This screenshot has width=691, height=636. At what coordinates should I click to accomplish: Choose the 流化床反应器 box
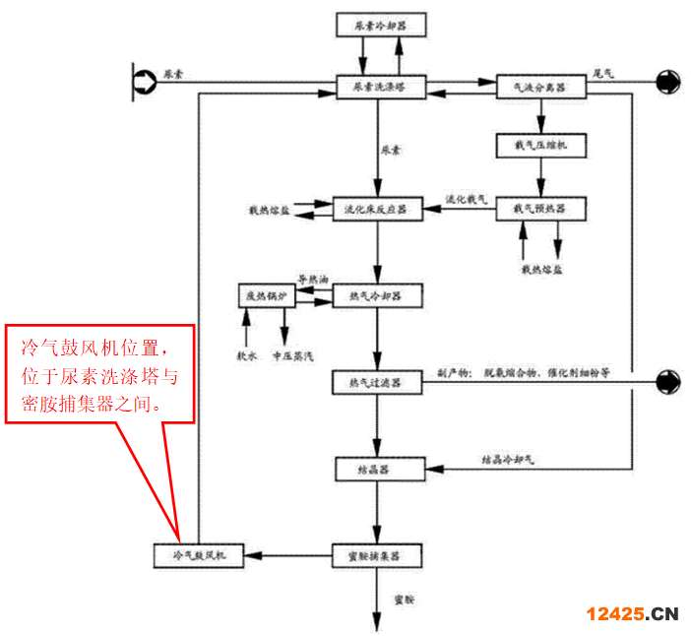click(x=377, y=209)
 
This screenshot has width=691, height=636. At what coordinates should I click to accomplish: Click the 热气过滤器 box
click(x=377, y=382)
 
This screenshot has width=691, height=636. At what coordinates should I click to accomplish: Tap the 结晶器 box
click(x=377, y=470)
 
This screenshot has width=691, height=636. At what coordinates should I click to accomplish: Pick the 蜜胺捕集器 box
click(x=377, y=556)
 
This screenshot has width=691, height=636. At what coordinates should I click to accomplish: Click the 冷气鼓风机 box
click(x=201, y=556)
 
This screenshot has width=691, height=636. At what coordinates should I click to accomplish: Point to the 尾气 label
click(x=603, y=72)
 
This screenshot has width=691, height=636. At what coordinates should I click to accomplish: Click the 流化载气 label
click(x=467, y=200)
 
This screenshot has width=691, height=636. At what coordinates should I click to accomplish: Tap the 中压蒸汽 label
click(x=292, y=353)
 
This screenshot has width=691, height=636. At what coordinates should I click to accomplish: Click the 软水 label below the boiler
click(x=246, y=353)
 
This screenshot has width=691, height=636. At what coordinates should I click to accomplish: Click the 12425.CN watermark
click(x=632, y=614)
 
